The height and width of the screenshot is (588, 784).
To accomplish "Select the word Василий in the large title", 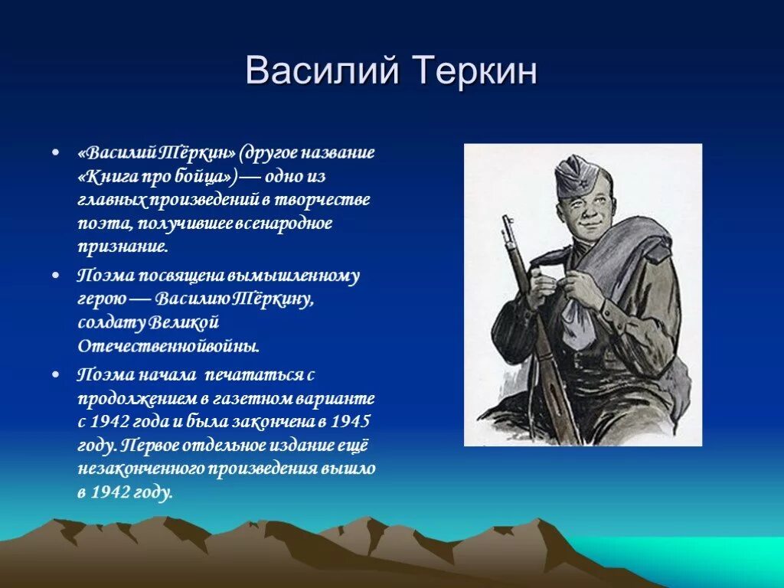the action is pos(322,71).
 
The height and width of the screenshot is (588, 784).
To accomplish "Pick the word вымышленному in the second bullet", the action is pos(293,276).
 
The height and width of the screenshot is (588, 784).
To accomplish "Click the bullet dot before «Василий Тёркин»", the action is pos(56,152).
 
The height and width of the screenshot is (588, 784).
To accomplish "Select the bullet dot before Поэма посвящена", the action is pos(56,276).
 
